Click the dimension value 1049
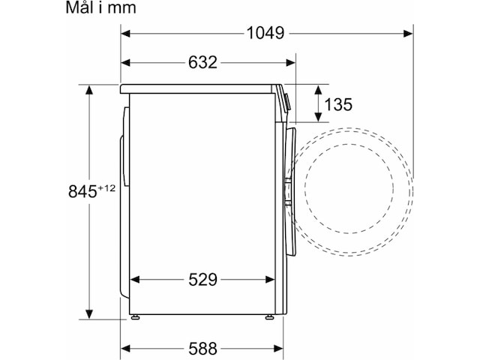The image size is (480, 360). (x=265, y=33)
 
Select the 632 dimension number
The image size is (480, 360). (x=202, y=62)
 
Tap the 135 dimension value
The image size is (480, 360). (x=338, y=104)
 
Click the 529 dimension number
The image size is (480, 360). (x=202, y=280)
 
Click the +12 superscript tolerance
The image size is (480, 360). (x=106, y=187)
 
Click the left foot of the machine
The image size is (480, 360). (x=135, y=318)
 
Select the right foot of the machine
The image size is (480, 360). (x=268, y=318)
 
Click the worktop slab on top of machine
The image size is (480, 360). (x=199, y=88)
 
